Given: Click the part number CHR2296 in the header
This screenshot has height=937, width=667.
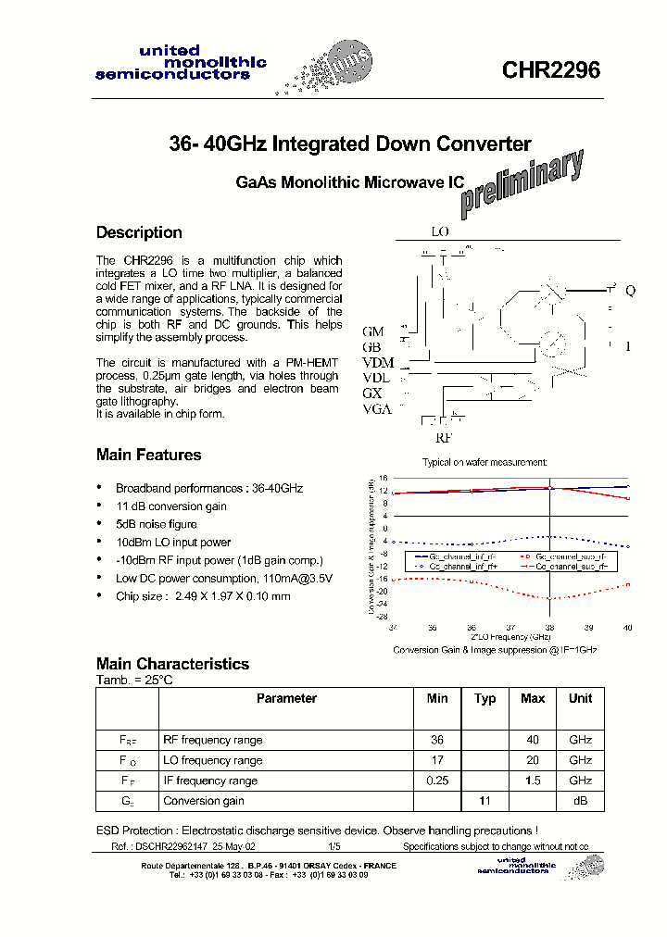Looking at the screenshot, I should pos(551,71).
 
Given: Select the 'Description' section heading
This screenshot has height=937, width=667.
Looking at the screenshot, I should pos(139,232).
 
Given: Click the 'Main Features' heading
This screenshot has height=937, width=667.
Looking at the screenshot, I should pos(148,455).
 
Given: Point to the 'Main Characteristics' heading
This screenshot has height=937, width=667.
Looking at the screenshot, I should pos(172,664).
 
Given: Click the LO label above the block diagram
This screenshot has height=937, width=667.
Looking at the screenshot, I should pos(439,231).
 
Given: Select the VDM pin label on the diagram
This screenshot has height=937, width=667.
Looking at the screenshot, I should pos(378,362).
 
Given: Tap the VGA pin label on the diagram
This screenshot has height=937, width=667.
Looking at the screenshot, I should pos(377,409).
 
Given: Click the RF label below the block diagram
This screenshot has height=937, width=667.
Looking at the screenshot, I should pos(446,438).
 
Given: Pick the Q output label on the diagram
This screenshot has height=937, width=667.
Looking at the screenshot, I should pos(630,291).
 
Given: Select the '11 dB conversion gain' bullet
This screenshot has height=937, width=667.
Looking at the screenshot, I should pos(170,506).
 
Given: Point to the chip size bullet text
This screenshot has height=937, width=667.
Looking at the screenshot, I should pos(202,596).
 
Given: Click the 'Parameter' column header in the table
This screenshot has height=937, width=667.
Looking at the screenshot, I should pos(286,699).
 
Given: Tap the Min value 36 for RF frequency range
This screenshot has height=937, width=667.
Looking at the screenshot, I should pos(437,740).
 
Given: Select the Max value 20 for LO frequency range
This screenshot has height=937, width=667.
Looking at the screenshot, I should pos(532,760).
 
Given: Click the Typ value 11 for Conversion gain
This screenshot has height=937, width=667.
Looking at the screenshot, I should pos(485,801).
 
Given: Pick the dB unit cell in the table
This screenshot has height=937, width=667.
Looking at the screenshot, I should pos(580,801).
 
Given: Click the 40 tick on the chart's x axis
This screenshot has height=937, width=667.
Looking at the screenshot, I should pos(628,628).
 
